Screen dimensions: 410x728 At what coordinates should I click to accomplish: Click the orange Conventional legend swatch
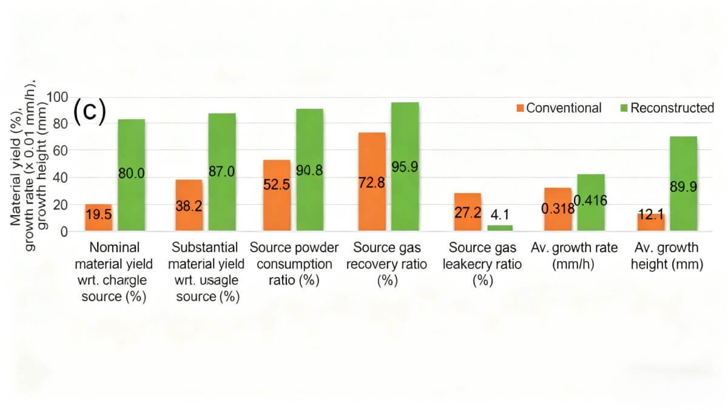pos(520,109)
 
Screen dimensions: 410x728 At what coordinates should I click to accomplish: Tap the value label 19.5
pos(98,215)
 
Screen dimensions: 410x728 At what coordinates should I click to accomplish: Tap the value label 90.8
pos(309,171)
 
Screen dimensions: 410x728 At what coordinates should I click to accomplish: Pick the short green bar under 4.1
pos(499,228)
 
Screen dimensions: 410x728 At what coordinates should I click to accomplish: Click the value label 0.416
pos(591,201)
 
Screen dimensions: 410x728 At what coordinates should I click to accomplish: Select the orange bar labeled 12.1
pos(651,222)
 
